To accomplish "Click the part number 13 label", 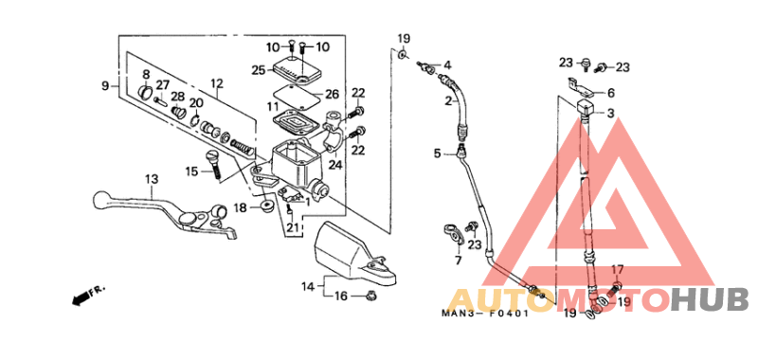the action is click(151, 179).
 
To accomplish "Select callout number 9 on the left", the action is click(106, 86).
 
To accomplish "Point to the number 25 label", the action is click(258, 69).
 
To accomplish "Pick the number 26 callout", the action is click(332, 94).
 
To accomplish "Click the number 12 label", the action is click(216, 83).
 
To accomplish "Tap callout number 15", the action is click(191, 171).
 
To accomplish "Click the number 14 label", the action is click(308, 286).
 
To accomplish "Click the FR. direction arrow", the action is click(86, 296).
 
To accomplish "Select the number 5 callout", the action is click(439, 153).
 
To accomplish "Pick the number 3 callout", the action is click(610, 114).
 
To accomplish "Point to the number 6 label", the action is click(610, 93).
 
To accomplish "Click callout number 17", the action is click(618, 270).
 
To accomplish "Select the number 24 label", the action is click(335, 164).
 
